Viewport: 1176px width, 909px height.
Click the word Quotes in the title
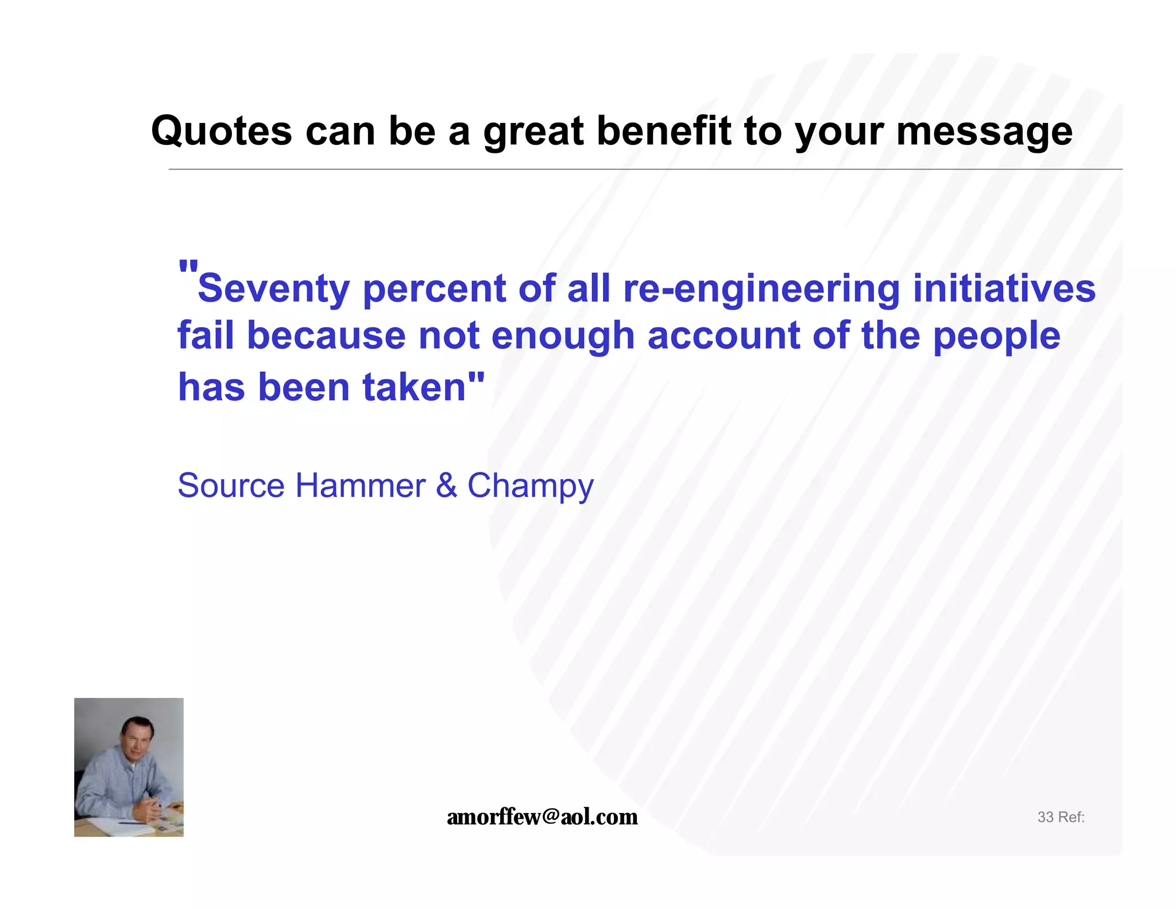222,131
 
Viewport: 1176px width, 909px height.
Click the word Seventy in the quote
273,288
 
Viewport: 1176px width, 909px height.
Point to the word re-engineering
761,288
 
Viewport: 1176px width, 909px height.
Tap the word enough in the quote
562,336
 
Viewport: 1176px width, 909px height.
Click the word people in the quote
996,336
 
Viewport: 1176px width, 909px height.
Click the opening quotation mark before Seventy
188,268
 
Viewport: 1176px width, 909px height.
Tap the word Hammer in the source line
360,486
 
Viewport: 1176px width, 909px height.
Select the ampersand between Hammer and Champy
446,486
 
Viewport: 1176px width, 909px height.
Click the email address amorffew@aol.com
542,816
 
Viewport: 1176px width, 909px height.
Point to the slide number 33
1045,817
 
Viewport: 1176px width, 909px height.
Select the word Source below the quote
231,486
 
